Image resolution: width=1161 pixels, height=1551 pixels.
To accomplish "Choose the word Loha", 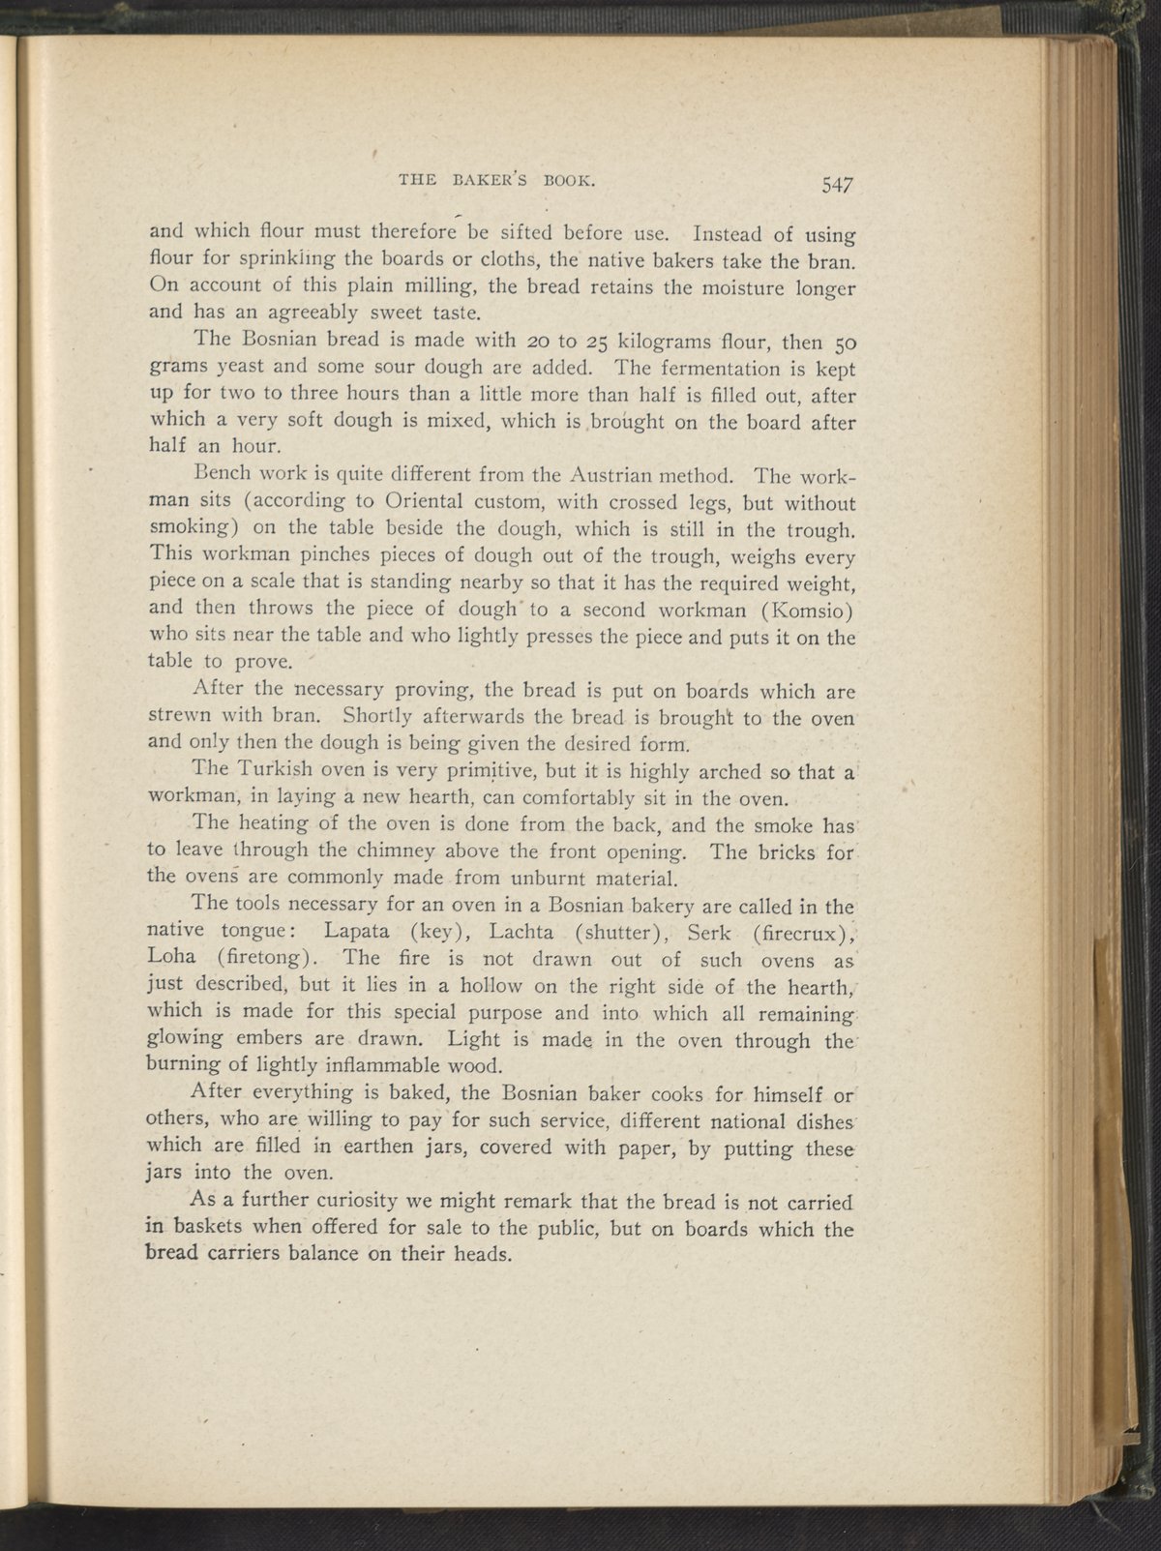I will pos(175,959).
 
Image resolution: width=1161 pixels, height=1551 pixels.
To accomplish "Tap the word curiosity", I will pos(357,1202).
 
